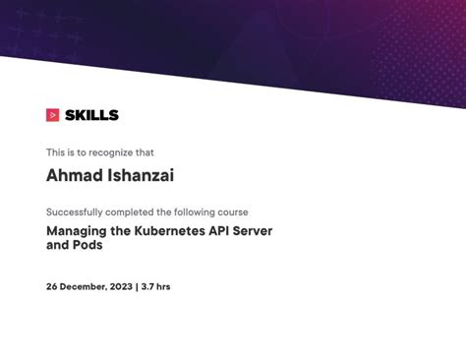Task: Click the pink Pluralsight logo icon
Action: [x=53, y=115]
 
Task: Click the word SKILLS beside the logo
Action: [x=91, y=115]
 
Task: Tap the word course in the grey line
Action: [x=232, y=211]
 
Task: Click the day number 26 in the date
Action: [x=52, y=287]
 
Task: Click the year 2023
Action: [x=120, y=287]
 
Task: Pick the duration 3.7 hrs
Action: [x=155, y=287]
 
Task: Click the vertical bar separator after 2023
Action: [x=136, y=287]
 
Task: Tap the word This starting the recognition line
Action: [x=55, y=152]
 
